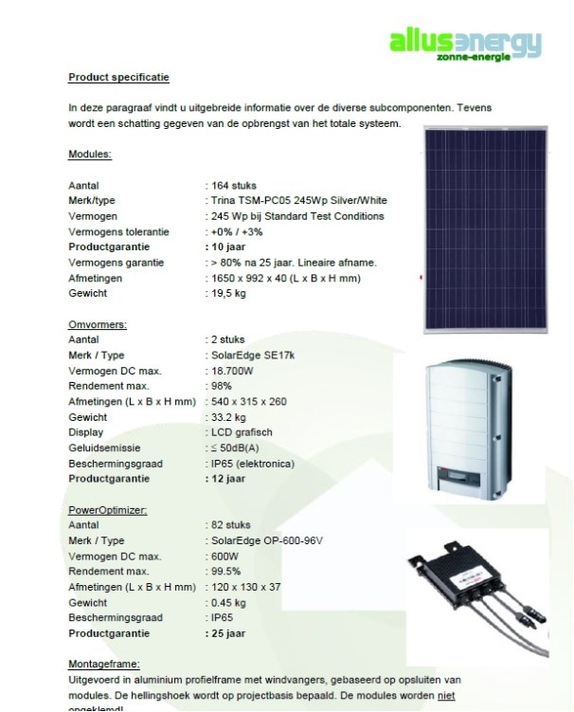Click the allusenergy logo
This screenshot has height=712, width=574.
[466, 44]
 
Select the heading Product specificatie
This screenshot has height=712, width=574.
[119, 77]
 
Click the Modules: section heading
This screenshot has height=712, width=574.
[90, 154]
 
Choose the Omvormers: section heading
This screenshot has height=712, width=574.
[98, 323]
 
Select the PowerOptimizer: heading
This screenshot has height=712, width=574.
[107, 510]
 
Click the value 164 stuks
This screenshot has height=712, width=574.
[234, 186]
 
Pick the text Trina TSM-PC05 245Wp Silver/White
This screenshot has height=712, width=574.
[298, 201]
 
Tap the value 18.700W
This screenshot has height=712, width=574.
[234, 371]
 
